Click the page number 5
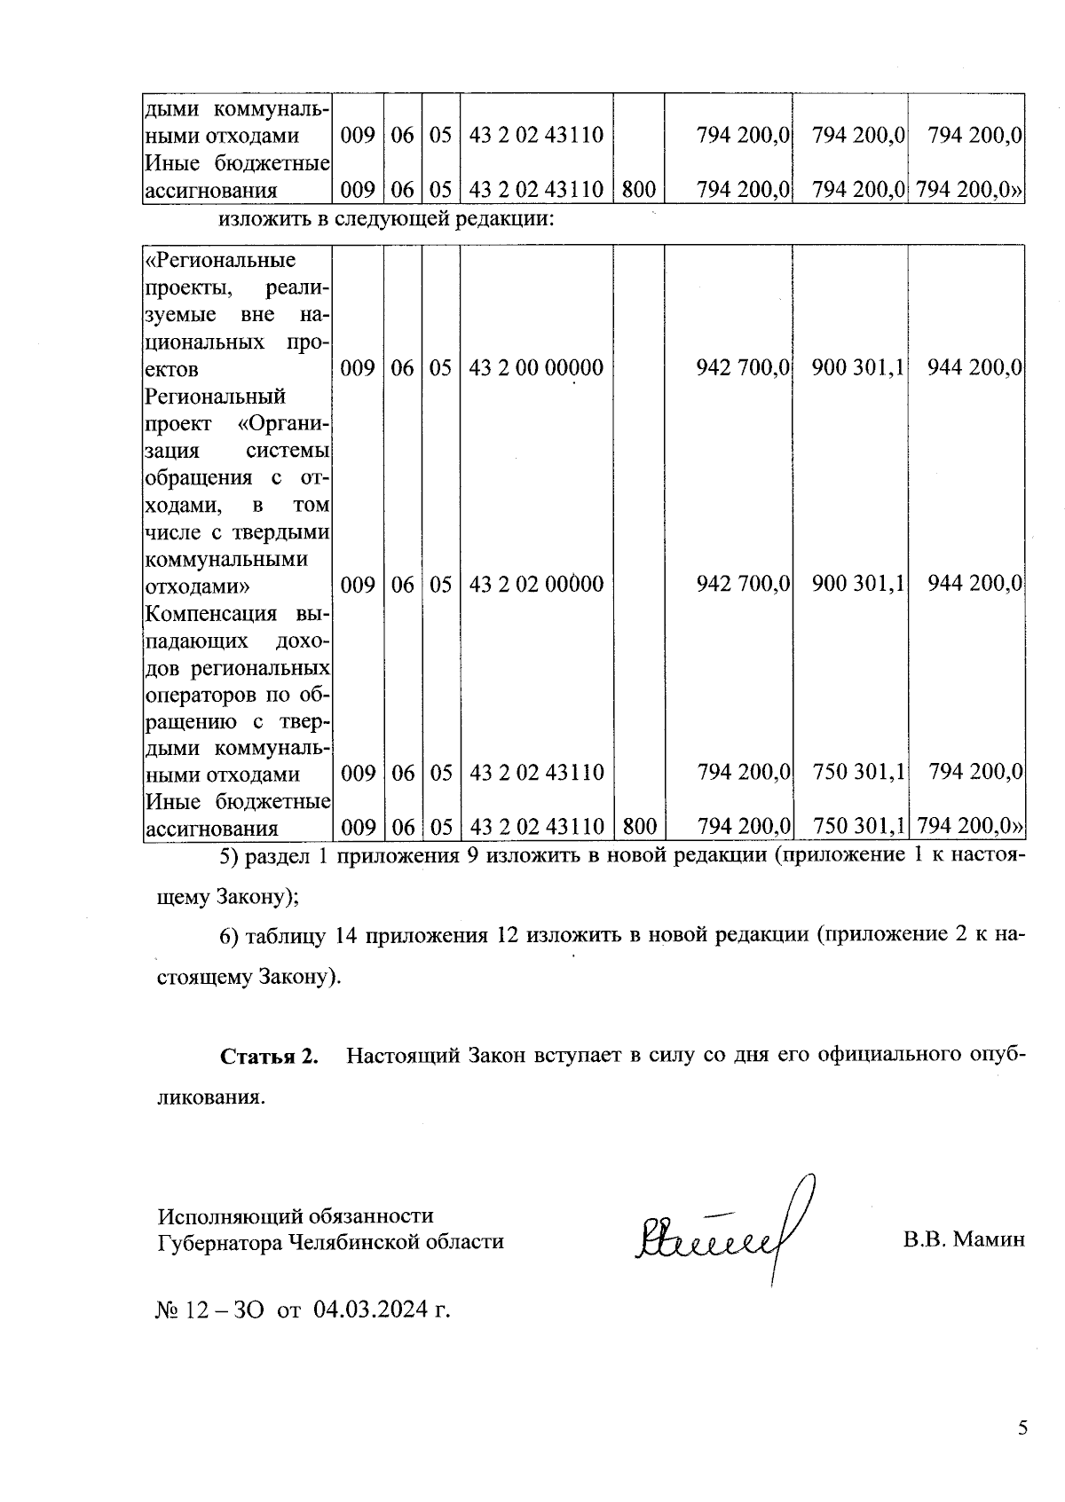click(1022, 1427)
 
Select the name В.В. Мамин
click(963, 1239)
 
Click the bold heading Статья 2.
click(269, 1057)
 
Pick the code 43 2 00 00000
click(536, 367)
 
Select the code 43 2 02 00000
click(536, 584)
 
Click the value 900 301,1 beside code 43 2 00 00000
click(857, 367)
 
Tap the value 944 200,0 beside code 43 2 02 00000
click(974, 584)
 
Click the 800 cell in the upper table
click(638, 189)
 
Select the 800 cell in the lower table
click(638, 827)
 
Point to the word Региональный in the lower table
click(215, 396)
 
